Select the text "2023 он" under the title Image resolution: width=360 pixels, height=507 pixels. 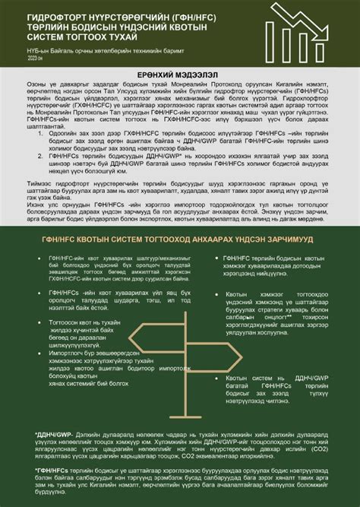coord(36,57)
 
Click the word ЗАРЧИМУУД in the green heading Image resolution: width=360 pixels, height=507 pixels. coord(279,239)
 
